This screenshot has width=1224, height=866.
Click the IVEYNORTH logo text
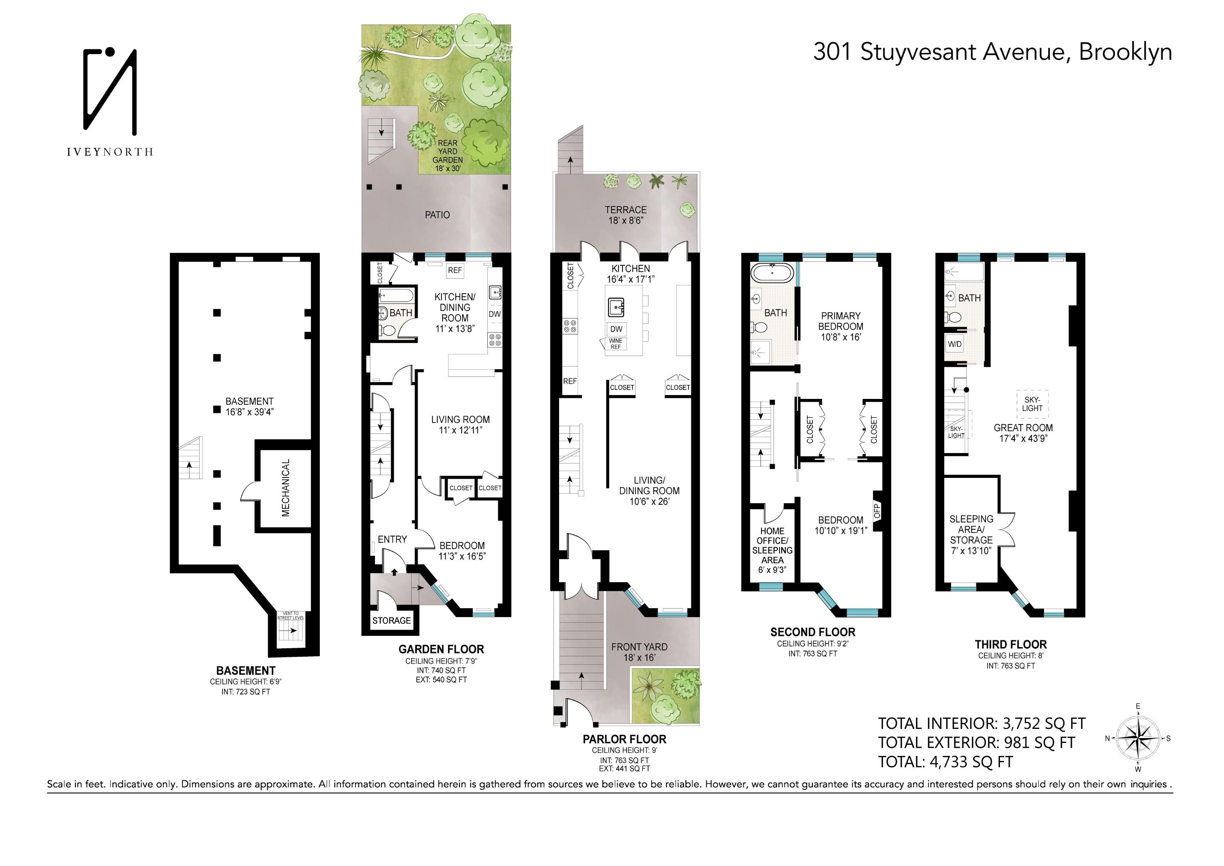tap(110, 152)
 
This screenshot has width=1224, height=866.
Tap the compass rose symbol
tap(1138, 738)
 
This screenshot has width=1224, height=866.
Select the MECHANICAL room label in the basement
tap(286, 488)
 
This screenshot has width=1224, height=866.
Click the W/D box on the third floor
tap(955, 344)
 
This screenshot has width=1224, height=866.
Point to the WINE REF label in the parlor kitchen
tap(616, 344)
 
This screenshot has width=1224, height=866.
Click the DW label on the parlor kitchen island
tap(616, 329)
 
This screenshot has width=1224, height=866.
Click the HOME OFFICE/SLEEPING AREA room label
tap(772, 550)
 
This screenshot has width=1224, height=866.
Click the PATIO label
tap(437, 215)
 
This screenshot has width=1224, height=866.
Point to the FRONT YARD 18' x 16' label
tap(639, 652)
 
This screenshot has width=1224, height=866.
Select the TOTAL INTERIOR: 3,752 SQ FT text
tap(982, 724)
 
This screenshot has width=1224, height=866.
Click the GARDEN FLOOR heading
tap(441, 649)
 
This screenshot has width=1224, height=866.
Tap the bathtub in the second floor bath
tap(772, 273)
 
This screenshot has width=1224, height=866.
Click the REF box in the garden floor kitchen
tap(455, 270)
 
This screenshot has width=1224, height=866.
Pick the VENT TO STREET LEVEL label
tap(291, 615)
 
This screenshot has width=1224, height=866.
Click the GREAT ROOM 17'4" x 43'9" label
tap(1023, 433)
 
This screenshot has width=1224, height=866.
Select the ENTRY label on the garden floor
tap(392, 539)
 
